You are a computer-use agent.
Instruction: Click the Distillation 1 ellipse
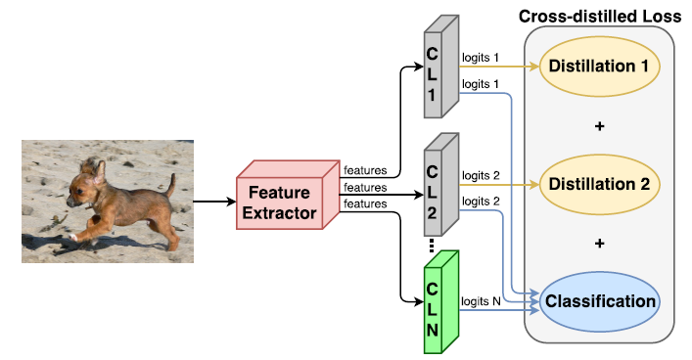pos(598,67)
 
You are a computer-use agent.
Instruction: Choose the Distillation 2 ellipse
pos(598,183)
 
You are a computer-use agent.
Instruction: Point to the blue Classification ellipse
pos(598,301)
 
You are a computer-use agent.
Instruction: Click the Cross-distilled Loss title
pos(599,17)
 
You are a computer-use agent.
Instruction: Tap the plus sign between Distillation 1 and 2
pos(599,126)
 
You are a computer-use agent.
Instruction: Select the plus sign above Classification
pos(599,243)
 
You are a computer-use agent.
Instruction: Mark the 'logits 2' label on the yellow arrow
pos(481,175)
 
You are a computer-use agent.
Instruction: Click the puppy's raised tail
pos(171,184)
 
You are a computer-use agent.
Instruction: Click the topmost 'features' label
pos(365,170)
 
